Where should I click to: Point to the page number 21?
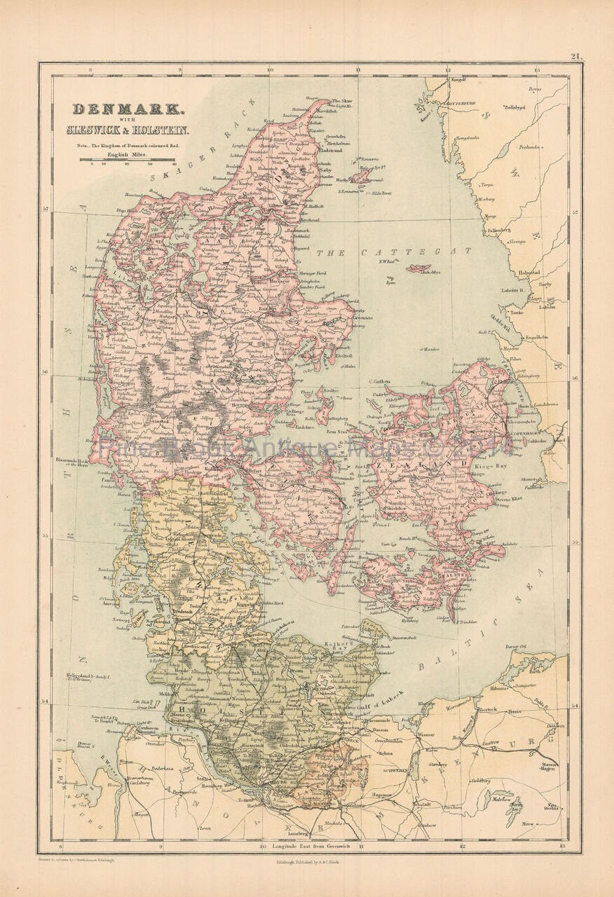click(x=576, y=56)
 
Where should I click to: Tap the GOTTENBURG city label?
click(x=458, y=103)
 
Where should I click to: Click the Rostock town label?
click(x=486, y=708)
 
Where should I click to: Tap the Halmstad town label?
click(x=529, y=273)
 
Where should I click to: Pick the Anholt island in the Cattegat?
click(x=419, y=268)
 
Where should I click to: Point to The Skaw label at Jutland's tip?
click(x=344, y=102)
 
